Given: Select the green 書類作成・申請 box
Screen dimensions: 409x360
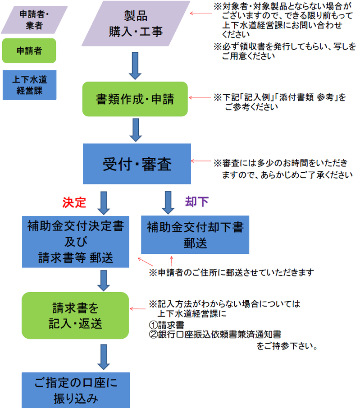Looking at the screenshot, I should pyautogui.click(x=135, y=99).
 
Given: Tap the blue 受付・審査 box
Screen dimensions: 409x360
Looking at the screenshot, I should pyautogui.click(x=137, y=164).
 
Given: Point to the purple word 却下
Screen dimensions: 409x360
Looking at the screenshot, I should pyautogui.click(x=197, y=202).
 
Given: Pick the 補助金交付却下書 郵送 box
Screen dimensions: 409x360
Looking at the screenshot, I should pyautogui.click(x=195, y=235).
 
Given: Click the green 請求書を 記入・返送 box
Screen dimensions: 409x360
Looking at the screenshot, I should pyautogui.click(x=76, y=316).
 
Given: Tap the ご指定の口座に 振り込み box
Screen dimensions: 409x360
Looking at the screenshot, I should pyautogui.click(x=76, y=390).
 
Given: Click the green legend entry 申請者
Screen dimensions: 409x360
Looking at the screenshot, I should pyautogui.click(x=29, y=51).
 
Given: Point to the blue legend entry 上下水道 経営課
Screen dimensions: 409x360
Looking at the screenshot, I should pyautogui.click(x=29, y=84).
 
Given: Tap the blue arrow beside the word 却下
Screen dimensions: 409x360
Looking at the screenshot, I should pyautogui.click(x=168, y=202).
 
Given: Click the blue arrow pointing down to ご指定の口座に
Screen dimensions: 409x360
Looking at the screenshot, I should pyautogui.click(x=104, y=356).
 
